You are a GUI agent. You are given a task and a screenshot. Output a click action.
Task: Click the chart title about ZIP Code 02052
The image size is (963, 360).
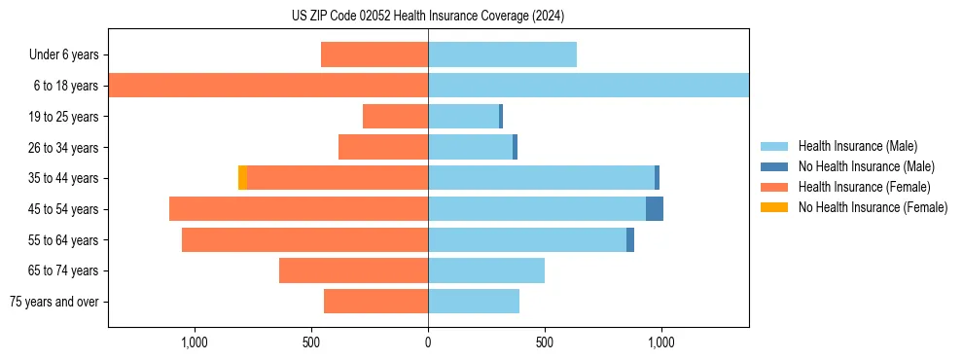tap(428, 17)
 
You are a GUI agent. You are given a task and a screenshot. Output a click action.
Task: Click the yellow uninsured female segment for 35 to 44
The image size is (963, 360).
tap(242, 178)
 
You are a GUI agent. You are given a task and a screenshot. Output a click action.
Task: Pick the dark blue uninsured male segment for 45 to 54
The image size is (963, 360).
tap(655, 209)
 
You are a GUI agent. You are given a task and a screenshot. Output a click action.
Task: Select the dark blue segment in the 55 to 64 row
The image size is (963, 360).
tap(630, 239)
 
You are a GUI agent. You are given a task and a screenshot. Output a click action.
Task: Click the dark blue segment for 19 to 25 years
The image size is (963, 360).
tap(501, 117)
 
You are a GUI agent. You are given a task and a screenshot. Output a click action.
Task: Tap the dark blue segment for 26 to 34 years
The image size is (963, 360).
tap(515, 147)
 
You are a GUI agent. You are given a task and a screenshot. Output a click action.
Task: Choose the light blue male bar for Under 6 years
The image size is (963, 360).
tap(502, 54)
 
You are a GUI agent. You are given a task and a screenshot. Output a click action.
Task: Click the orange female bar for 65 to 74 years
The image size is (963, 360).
tap(353, 270)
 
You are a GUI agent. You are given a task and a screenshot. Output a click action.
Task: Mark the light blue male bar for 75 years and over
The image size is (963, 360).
tap(474, 302)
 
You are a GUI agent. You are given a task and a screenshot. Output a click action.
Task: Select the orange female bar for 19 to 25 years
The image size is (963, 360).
tap(395, 117)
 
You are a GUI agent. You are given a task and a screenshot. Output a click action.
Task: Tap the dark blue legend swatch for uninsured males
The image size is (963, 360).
tap(774, 166)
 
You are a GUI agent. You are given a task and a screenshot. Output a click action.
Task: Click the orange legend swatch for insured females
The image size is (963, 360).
tap(774, 187)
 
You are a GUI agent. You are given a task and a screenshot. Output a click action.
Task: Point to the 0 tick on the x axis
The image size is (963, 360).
tap(428, 342)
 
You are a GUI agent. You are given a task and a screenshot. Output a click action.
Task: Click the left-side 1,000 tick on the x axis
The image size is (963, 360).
tap(195, 342)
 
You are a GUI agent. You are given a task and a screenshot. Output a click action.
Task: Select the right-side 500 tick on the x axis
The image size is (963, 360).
tap(545, 342)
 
